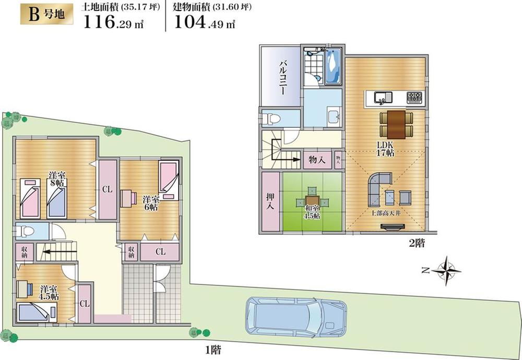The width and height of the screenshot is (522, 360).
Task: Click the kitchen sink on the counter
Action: [381, 96]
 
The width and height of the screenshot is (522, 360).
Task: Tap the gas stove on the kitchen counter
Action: [415, 97]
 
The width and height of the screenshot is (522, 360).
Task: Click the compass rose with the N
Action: [444, 270]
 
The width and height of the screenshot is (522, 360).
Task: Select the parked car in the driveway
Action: [295, 318]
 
